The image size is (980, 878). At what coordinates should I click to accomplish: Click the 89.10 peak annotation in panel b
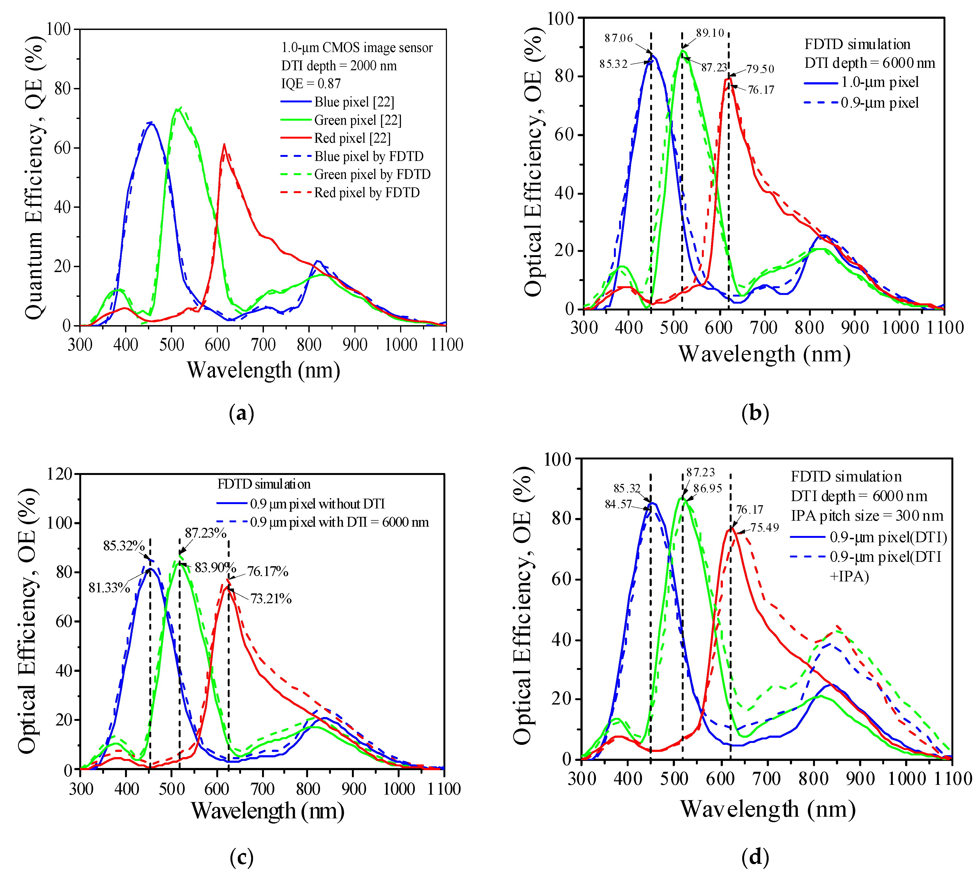click(710, 33)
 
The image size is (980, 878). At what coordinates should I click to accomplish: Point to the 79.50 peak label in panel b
click(760, 69)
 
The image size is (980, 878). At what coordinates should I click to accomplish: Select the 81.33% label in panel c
click(109, 588)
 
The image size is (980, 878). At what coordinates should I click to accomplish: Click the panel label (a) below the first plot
click(241, 413)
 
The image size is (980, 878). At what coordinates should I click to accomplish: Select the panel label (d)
click(755, 857)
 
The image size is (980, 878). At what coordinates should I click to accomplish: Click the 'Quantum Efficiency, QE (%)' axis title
click(34, 176)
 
